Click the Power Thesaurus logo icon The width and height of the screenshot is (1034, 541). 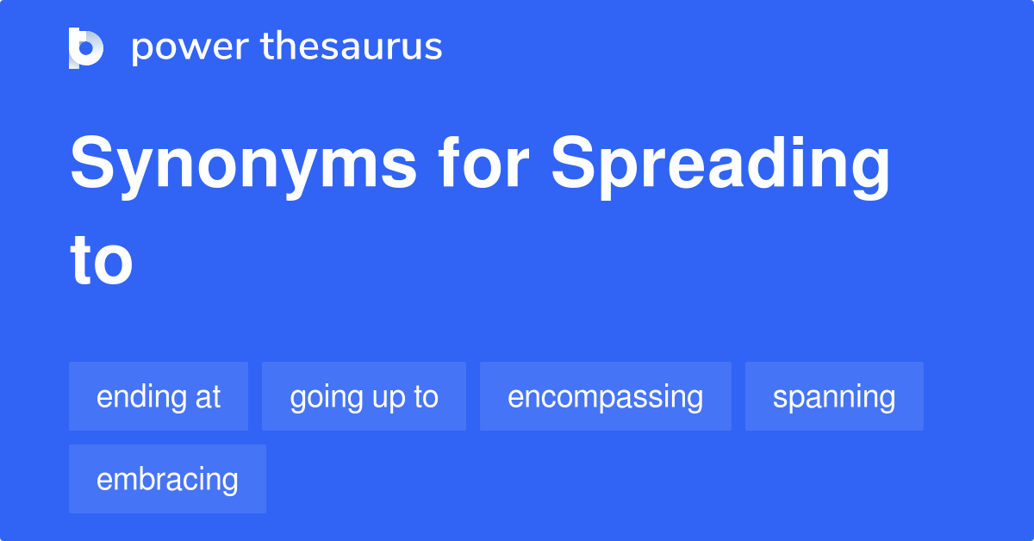[x=86, y=47]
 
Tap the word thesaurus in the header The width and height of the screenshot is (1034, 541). [x=352, y=47]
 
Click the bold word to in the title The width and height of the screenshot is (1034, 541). [x=102, y=263]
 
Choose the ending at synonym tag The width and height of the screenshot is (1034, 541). [x=159, y=396]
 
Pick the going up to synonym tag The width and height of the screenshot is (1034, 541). [x=364, y=396]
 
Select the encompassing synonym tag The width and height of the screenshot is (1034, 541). [x=605, y=396]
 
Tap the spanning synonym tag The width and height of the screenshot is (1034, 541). [x=834, y=396]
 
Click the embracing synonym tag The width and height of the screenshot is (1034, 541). [x=167, y=479]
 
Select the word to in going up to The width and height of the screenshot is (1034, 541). [x=426, y=397]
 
